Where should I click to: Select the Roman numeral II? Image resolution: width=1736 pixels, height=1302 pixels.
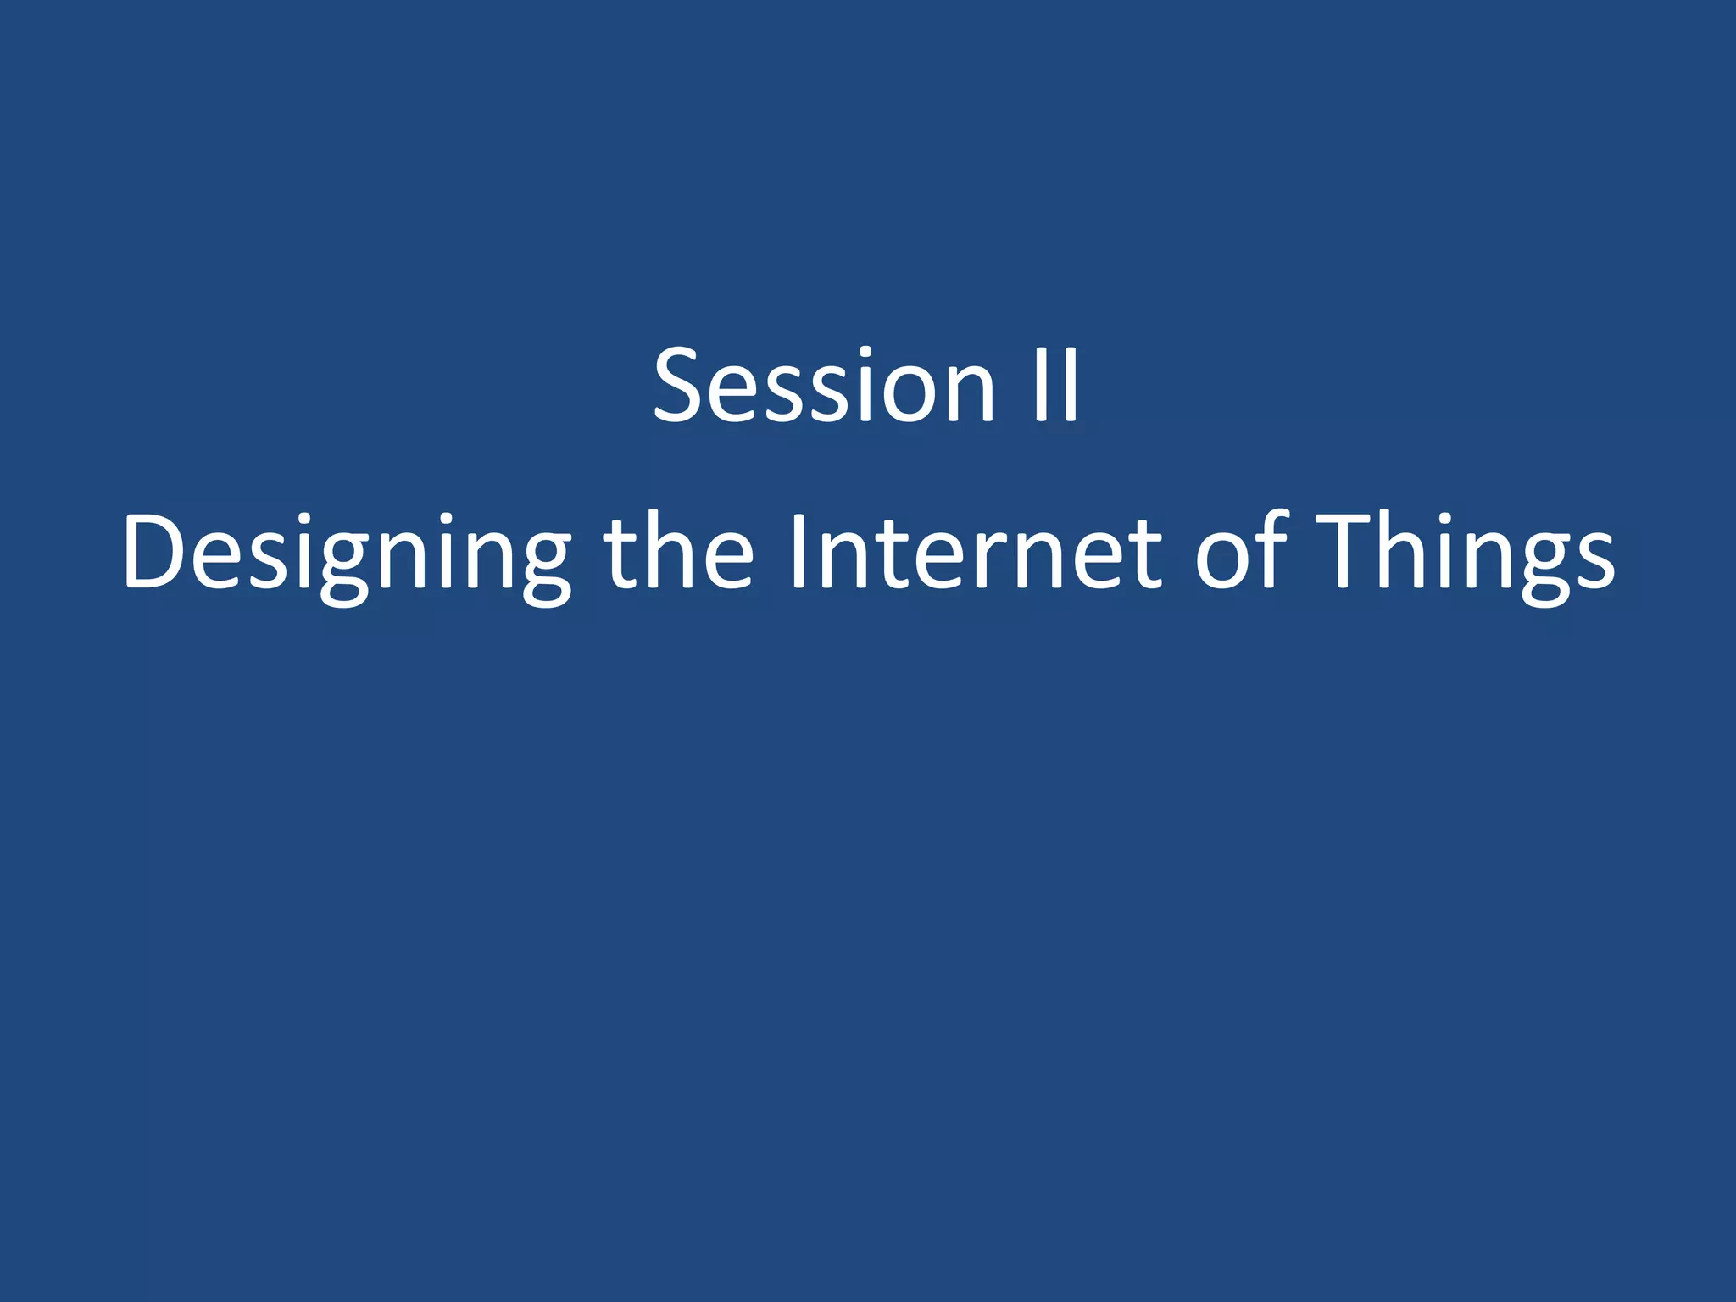(x=1056, y=386)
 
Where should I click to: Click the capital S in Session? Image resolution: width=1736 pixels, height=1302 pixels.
(x=682, y=386)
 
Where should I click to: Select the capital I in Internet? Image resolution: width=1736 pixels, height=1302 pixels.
(x=797, y=551)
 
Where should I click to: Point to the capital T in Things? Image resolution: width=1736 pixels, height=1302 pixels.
(x=1343, y=551)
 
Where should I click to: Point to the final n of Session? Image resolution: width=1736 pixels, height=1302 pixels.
(x=969, y=394)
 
